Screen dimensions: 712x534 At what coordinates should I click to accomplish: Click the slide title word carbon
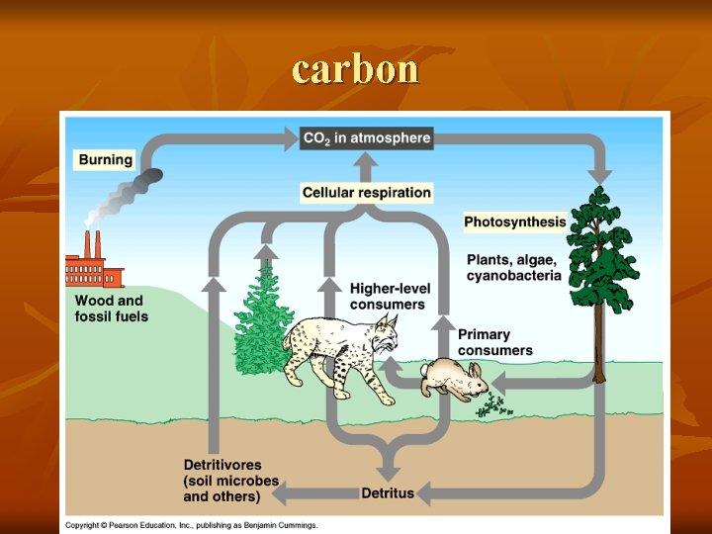(x=356, y=69)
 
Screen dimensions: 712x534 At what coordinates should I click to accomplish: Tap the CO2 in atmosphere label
(x=366, y=137)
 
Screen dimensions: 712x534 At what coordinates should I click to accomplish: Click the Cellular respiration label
(x=367, y=193)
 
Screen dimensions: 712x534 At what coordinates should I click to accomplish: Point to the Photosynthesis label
(x=515, y=222)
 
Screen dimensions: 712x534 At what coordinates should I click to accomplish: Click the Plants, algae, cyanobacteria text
(x=513, y=267)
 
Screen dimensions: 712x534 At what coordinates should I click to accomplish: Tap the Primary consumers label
(x=494, y=342)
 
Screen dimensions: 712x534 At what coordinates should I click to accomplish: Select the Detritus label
(x=388, y=492)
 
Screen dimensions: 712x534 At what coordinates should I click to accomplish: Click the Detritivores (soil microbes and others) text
(x=230, y=480)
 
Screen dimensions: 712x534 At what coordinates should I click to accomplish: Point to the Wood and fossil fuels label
(x=111, y=308)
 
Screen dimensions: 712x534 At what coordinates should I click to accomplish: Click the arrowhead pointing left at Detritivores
(x=282, y=491)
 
